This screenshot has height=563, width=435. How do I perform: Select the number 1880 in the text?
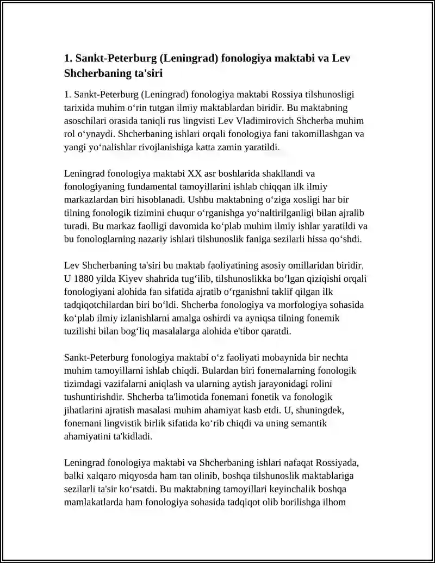(x=86, y=279)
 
